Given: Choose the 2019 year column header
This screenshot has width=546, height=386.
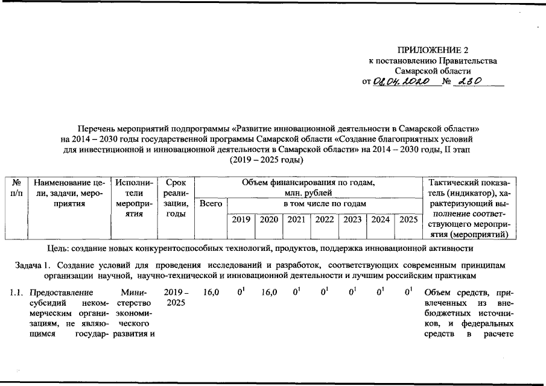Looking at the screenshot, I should pos(241,220).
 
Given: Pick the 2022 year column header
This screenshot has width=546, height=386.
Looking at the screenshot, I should pos(325,220).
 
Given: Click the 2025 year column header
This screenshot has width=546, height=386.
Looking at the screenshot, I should pos(408,220).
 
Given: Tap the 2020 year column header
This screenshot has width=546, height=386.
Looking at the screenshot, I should pos(269,220).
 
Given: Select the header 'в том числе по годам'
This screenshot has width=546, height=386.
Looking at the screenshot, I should pos(325,204).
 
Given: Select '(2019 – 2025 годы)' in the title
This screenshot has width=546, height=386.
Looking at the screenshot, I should pos(266,160).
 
